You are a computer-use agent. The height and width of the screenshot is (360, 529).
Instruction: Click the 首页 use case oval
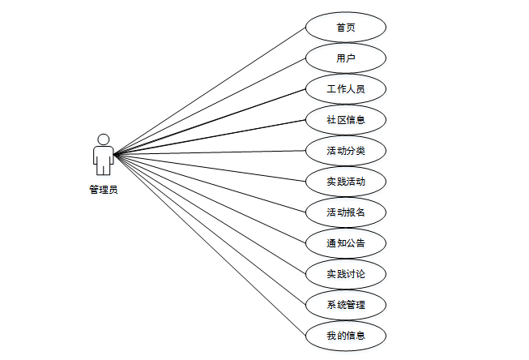[x=346, y=28]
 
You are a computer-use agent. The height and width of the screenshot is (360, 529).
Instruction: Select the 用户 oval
[x=346, y=58]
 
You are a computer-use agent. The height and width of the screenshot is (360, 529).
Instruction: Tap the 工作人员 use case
[x=346, y=89]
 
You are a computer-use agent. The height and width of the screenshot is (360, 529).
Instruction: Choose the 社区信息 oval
[x=346, y=120]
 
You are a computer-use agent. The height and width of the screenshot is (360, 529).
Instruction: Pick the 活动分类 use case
[x=346, y=151]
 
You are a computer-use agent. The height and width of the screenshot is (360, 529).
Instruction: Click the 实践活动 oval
[x=346, y=182]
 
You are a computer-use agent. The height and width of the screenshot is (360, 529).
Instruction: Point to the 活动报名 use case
[x=346, y=212]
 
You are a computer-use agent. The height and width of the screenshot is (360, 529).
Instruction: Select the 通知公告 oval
[x=346, y=243]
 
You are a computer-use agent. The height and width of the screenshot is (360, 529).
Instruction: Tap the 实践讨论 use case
[x=346, y=274]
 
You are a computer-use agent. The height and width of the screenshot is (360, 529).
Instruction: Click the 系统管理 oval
[x=346, y=305]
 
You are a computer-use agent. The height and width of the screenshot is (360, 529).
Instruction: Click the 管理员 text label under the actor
[x=103, y=191]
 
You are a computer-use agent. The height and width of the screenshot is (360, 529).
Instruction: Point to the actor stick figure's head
[x=103, y=139]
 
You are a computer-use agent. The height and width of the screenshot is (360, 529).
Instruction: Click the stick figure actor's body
[x=103, y=158]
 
